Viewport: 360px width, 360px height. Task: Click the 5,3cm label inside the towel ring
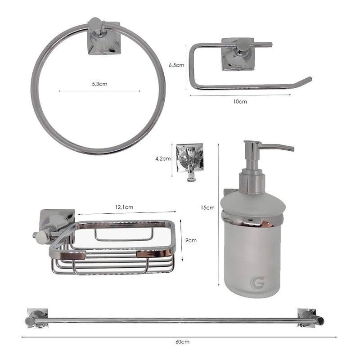click(99, 84)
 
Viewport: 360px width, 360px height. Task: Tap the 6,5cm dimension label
click(176, 65)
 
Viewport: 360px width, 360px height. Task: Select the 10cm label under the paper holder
click(240, 102)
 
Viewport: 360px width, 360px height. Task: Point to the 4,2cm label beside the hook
click(163, 159)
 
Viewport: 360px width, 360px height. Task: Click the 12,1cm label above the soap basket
click(124, 207)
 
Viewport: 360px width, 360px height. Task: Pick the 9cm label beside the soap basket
click(191, 240)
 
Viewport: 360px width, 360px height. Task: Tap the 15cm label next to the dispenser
click(207, 207)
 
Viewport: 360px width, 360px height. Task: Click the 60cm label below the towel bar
click(183, 342)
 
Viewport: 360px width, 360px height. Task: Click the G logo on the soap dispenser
click(257, 283)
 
